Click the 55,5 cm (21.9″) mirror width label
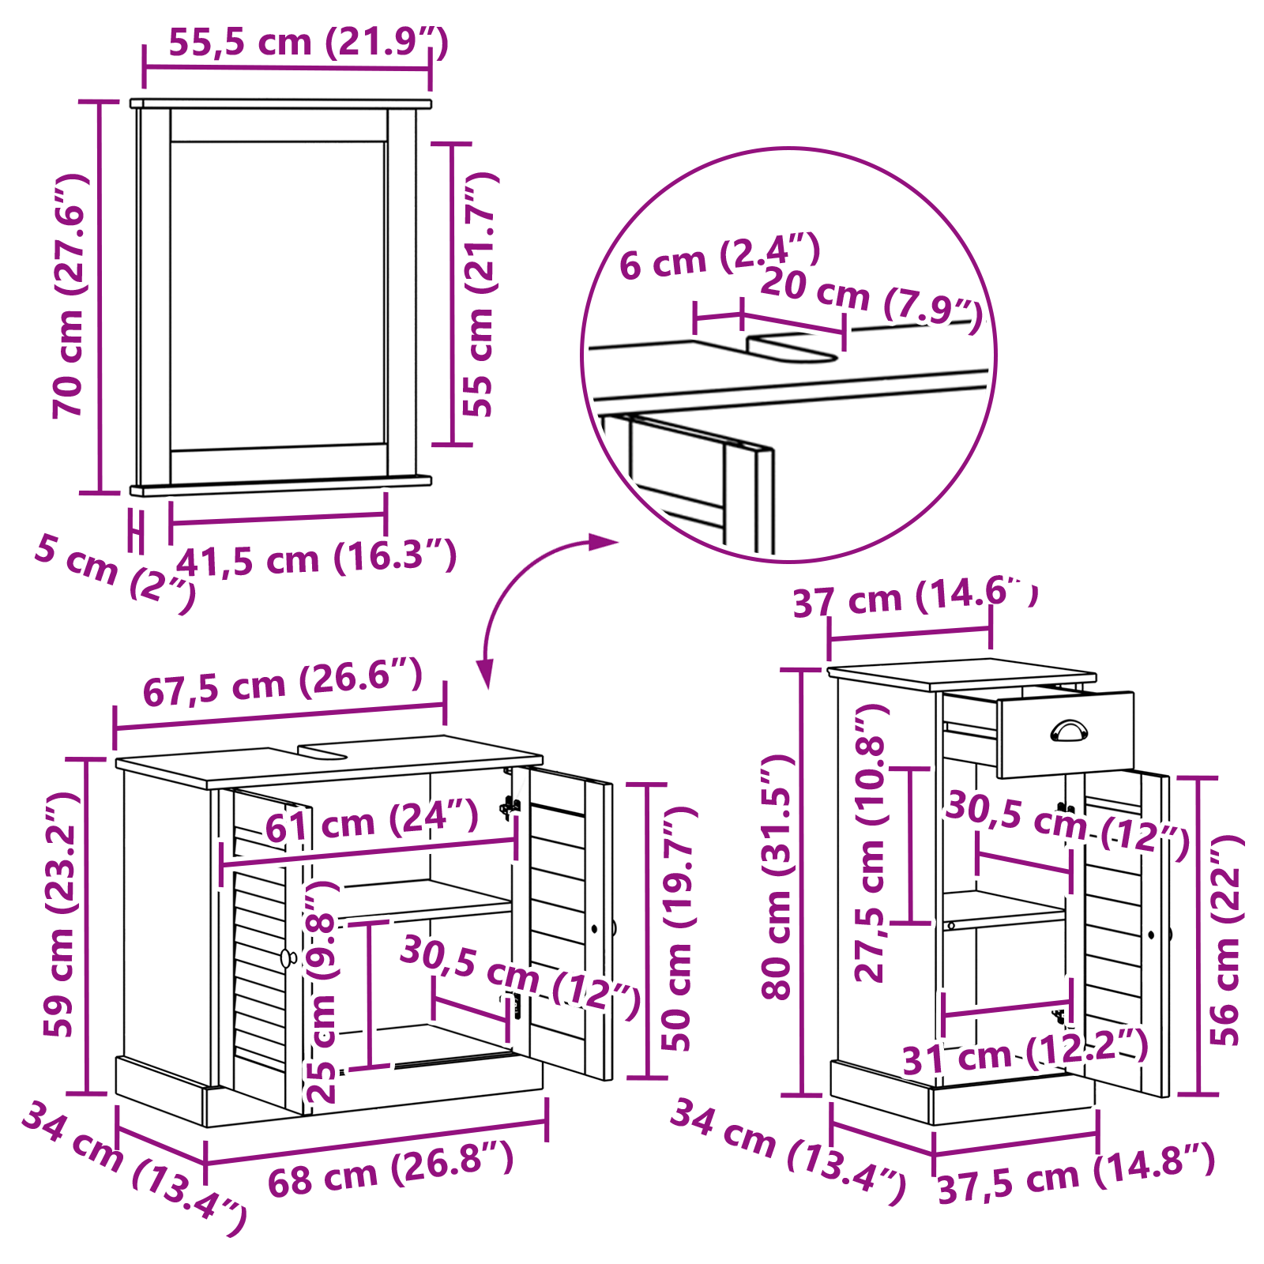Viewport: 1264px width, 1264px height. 309,42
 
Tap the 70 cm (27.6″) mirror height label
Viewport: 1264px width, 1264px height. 69,295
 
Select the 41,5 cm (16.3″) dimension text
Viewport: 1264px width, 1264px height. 316,559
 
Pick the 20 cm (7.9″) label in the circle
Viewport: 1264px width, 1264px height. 872,300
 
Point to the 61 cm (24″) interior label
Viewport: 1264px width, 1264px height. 371,821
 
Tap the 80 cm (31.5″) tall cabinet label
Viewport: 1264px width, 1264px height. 777,877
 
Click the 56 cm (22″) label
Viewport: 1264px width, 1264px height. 1226,940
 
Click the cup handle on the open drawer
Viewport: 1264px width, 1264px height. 1069,731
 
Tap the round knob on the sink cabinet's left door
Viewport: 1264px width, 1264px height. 288,958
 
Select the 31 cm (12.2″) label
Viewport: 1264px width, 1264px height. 1025,1051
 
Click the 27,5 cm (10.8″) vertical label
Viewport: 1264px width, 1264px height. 871,843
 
